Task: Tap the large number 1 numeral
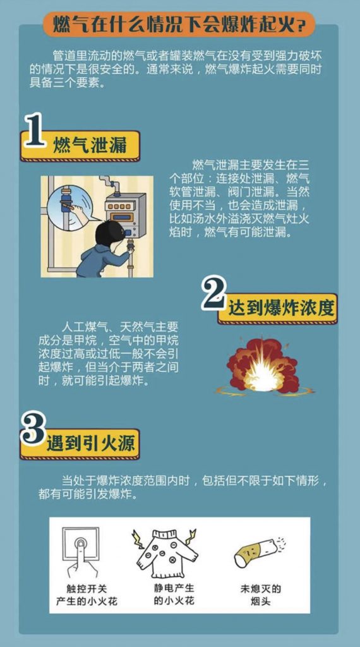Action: pos(34,130)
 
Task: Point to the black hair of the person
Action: pos(110,234)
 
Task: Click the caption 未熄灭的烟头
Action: pos(261,594)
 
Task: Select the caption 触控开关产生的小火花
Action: pos(87,594)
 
